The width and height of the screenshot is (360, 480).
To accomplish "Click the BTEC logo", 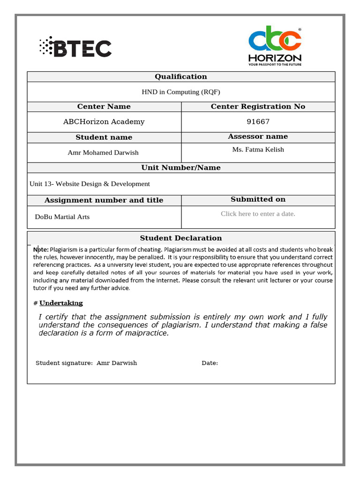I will (75, 48).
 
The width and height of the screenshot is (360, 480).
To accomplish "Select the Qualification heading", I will (180, 77).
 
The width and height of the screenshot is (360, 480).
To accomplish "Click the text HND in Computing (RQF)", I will (180, 92).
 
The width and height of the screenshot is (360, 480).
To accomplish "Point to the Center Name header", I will (104, 107).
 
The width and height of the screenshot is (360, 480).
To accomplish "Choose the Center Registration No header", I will (258, 107).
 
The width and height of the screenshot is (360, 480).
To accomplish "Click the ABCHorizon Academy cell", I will (104, 122).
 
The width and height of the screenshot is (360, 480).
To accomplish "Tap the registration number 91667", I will (258, 122).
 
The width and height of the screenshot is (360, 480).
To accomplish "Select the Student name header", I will (104, 137).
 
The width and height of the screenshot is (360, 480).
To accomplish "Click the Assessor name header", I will (258, 137).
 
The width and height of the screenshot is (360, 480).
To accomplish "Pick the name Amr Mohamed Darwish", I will (103, 152).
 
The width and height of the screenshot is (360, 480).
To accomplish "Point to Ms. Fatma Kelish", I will (258, 150).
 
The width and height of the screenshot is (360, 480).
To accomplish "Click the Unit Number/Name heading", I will (180, 168).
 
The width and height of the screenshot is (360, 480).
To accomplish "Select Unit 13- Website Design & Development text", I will (90, 184).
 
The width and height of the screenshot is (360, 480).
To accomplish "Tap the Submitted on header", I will (258, 200).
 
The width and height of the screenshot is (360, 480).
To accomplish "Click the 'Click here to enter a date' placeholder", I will (258, 214).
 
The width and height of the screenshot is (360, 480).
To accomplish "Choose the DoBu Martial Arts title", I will (62, 217).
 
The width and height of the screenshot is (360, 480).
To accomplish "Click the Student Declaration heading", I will (180, 238).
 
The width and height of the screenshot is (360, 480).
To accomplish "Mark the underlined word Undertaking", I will (61, 303).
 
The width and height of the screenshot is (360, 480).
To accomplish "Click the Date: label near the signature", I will (210, 363).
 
